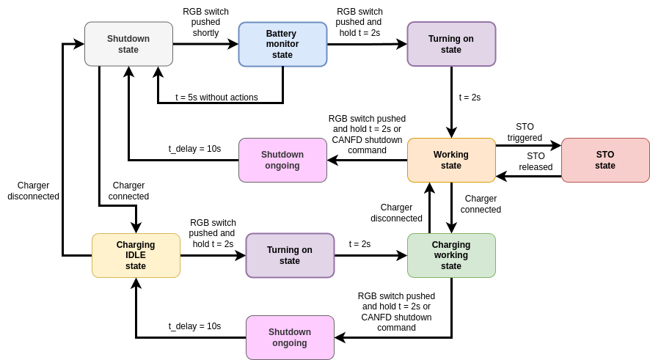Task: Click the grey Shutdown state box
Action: tap(128, 44)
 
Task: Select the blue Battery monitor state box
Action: tap(282, 44)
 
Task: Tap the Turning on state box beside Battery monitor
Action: tap(451, 44)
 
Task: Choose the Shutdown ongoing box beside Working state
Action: tap(282, 160)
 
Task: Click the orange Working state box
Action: tap(451, 160)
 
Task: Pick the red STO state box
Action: tap(605, 160)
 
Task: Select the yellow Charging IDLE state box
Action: tap(136, 255)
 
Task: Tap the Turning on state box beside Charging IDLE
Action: tap(290, 255)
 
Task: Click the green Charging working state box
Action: tap(451, 255)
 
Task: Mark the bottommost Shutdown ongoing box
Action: tap(290, 337)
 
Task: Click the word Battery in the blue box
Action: tap(281, 34)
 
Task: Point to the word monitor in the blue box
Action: tap(282, 44)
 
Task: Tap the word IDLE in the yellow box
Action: tap(136, 255)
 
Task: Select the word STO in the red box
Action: tap(605, 155)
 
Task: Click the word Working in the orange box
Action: tap(451, 155)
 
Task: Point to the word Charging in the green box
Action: tap(451, 245)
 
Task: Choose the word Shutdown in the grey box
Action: tap(128, 39)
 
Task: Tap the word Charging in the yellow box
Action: tap(136, 245)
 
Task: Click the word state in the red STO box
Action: tap(605, 166)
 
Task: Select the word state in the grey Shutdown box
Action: tap(128, 50)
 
